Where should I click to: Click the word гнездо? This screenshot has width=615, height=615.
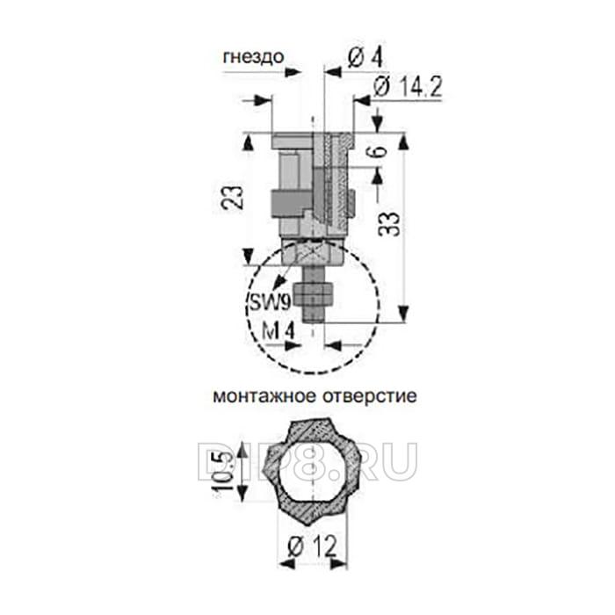click(253, 57)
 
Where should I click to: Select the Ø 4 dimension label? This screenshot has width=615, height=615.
click(365, 58)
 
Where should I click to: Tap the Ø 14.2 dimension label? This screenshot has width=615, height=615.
click(408, 87)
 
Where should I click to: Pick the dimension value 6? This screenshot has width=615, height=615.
click(378, 151)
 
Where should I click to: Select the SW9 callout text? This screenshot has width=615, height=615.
click(270, 302)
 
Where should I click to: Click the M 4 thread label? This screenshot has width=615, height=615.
click(279, 332)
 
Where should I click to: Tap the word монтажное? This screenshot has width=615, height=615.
click(264, 396)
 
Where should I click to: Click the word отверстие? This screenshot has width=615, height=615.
click(370, 396)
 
